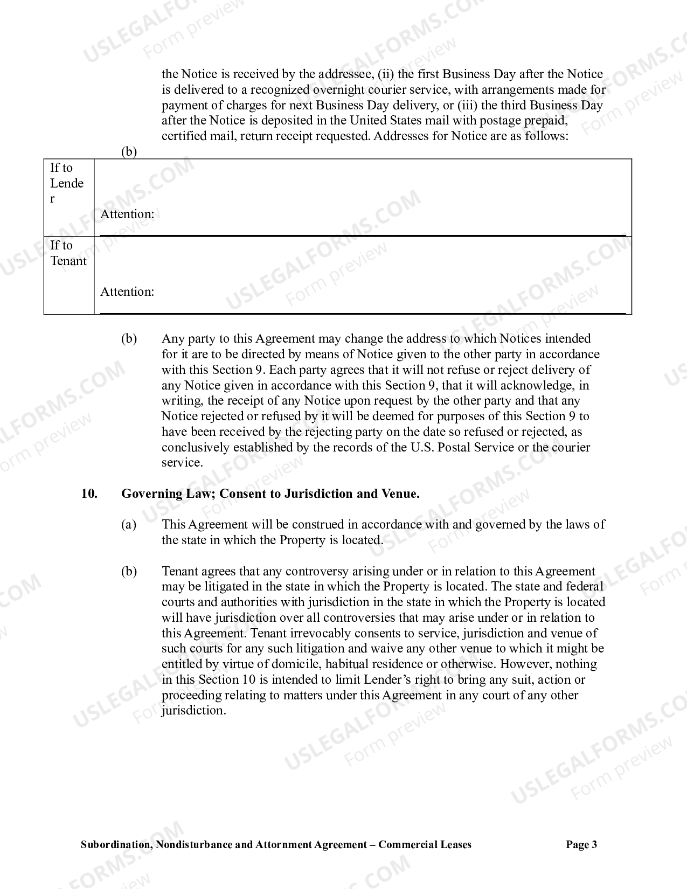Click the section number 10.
coord(89,494)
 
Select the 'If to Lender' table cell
coord(68,184)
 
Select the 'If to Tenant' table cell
coord(68,253)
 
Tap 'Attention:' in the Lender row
coord(127,214)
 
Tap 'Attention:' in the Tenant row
coord(127,291)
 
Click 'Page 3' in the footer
coord(581,844)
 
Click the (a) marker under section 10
coord(129,524)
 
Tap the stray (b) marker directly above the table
coord(129,151)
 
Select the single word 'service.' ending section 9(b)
coord(182,463)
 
